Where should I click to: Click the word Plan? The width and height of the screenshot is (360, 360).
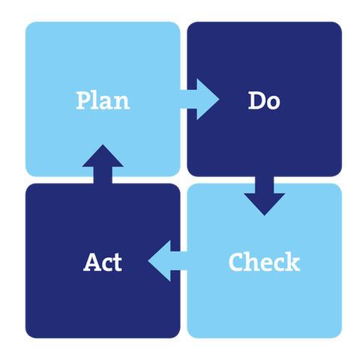pos(103,100)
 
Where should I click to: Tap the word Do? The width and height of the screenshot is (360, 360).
pos(264,100)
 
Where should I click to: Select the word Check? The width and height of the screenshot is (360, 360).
pos(264,262)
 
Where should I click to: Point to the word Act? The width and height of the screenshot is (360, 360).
pos(103,262)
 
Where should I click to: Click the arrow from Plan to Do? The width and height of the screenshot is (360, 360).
pos(199,99)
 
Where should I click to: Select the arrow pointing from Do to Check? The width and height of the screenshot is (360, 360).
pos(265,196)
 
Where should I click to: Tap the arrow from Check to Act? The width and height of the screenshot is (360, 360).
pos(167,261)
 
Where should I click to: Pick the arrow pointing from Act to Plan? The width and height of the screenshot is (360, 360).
pos(103,164)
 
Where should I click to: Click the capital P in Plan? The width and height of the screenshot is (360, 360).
pos(84,100)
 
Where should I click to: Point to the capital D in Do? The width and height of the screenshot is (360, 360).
pos(256,100)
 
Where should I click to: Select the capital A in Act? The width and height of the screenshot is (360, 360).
pos(92,262)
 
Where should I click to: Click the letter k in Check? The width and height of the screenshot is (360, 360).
pos(292,262)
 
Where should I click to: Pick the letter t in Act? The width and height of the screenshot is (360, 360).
pos(118,262)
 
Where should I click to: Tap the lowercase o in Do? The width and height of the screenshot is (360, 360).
pos(273,103)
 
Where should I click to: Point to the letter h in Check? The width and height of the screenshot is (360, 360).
pos(253,262)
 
